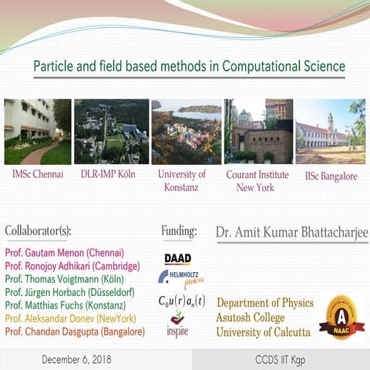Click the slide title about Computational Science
point(189,66)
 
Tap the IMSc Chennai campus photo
point(37,131)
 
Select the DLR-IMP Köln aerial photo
point(111,131)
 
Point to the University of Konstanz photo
point(186,131)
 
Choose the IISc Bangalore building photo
point(330,131)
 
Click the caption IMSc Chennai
point(38,175)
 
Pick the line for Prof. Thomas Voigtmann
point(69,279)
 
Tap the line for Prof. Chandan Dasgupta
point(75,331)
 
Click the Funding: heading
point(179,230)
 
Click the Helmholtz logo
point(177,277)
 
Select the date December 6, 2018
point(76,359)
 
